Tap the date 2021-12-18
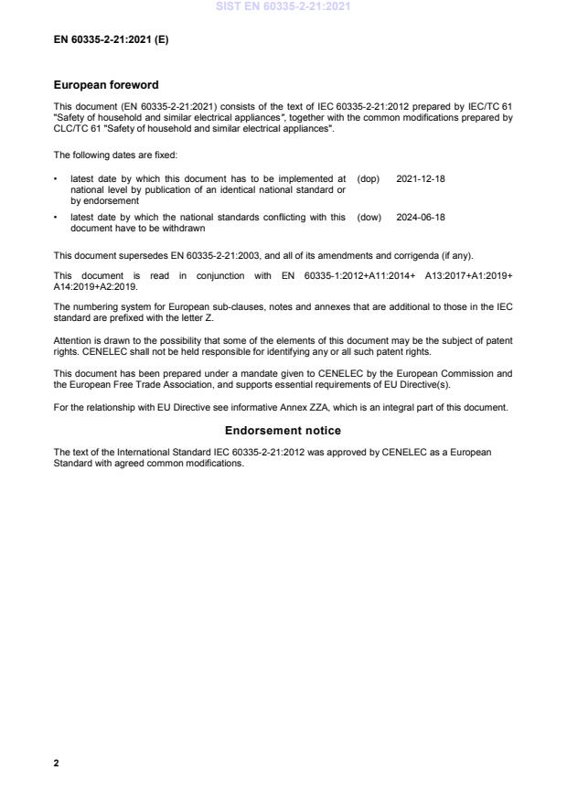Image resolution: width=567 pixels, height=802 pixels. coord(421,178)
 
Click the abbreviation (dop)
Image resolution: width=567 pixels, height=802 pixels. coord(368,178)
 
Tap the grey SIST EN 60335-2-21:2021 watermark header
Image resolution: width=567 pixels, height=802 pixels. coord(283,7)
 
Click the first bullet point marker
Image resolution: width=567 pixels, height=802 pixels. coord(57,178)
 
